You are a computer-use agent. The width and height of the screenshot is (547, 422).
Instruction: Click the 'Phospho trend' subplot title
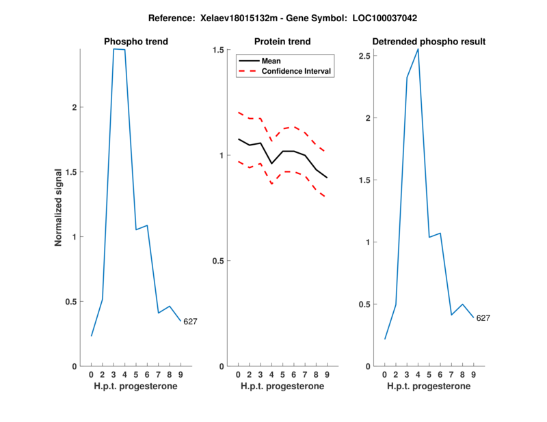(135, 42)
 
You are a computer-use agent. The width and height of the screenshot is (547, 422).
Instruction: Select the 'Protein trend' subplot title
(282, 42)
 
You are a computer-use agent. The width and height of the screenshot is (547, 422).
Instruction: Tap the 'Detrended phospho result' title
(429, 42)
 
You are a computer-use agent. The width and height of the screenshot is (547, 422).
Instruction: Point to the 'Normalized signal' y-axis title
(59, 208)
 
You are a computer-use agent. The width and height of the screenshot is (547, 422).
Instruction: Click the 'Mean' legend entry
(271, 61)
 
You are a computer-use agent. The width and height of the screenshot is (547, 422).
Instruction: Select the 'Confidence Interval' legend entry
(297, 71)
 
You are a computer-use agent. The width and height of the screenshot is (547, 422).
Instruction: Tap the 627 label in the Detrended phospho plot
(483, 318)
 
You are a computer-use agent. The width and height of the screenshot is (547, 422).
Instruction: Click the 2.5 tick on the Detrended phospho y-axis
(366, 56)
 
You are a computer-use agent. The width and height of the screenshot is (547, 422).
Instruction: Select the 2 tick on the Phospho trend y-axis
(74, 108)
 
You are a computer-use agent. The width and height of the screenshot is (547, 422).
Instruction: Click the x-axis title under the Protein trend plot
(282, 386)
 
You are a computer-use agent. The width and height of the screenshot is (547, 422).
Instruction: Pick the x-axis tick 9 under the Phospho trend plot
(181, 374)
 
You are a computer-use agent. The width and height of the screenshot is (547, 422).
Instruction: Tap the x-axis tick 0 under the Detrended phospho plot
(384, 374)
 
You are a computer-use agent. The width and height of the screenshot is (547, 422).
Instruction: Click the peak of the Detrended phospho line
(418, 49)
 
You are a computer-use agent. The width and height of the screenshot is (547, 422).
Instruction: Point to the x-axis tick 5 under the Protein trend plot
(282, 374)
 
